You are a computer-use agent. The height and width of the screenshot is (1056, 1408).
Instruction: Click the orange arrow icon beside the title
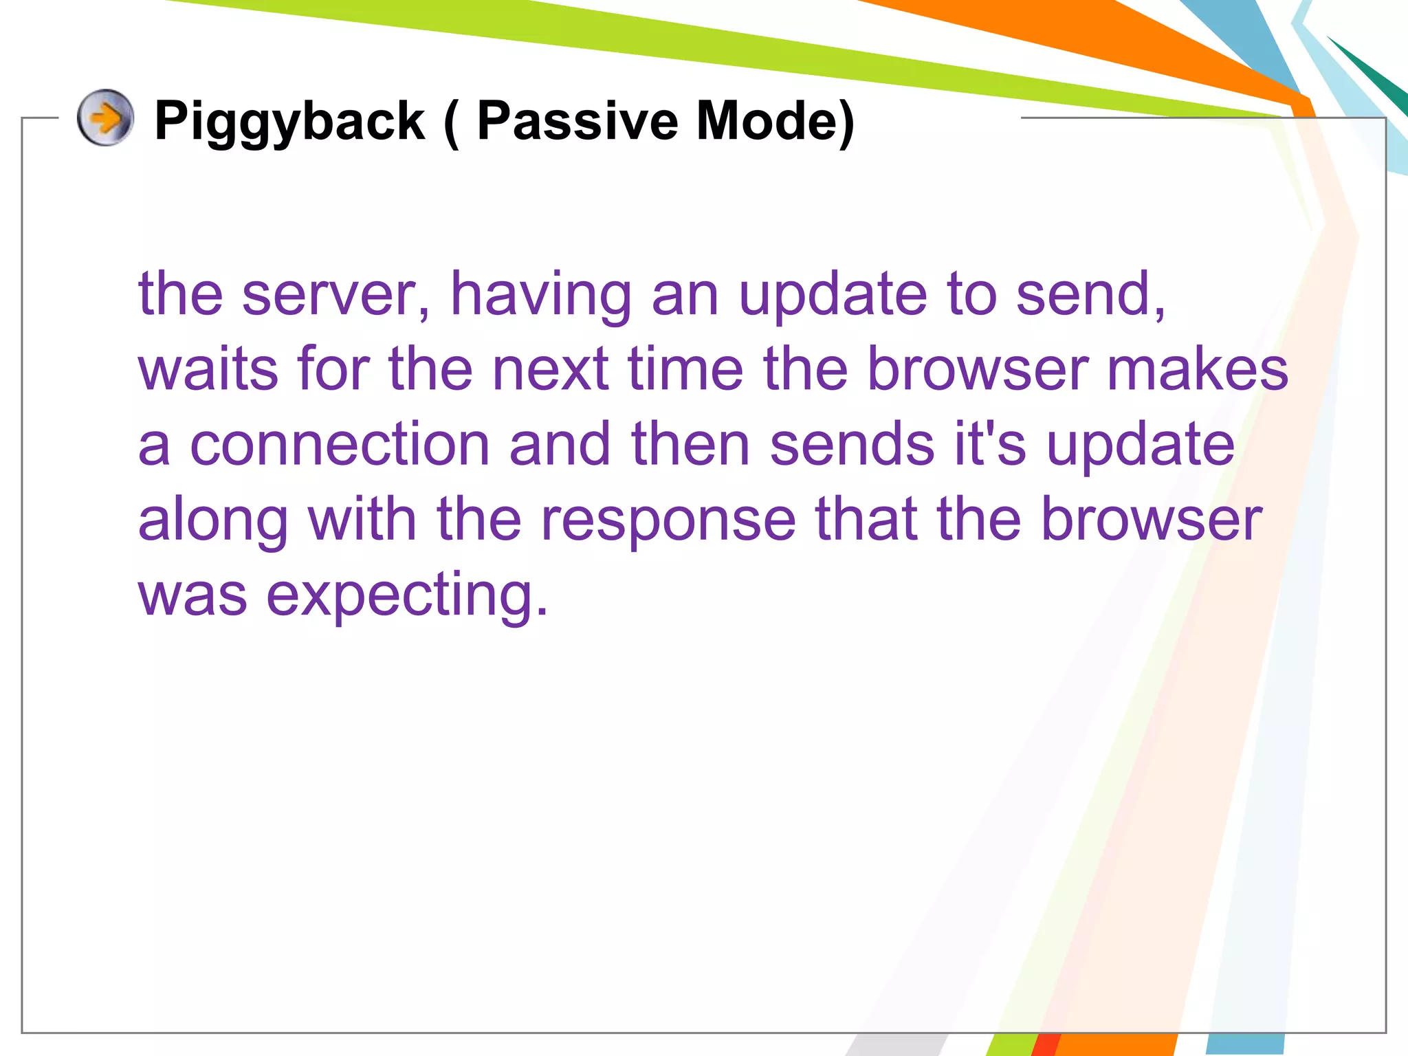pyautogui.click(x=105, y=118)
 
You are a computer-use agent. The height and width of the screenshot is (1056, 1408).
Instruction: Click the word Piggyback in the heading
pyautogui.click(x=289, y=122)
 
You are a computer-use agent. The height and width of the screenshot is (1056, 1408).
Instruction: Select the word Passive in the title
pyautogui.click(x=577, y=120)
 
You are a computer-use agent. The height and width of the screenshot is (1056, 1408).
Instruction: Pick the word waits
pyautogui.click(x=208, y=369)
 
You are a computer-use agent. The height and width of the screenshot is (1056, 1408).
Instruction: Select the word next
pyautogui.click(x=550, y=369)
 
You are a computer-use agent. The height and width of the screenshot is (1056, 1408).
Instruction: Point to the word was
pyautogui.click(x=192, y=595)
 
